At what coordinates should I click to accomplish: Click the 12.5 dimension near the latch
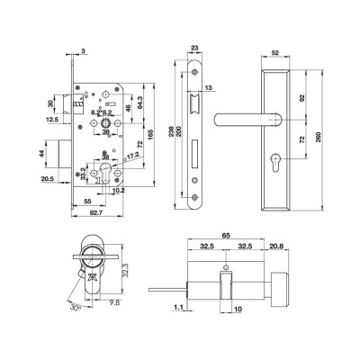53,119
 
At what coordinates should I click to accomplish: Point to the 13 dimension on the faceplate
210,87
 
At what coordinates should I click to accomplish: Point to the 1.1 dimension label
178,308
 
